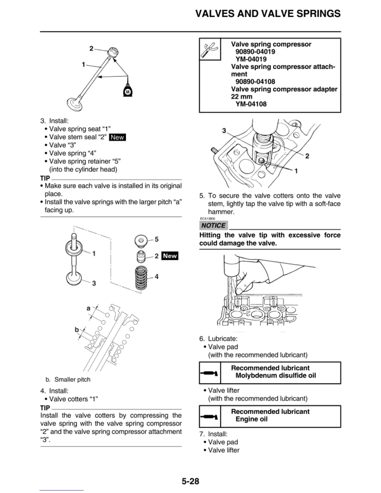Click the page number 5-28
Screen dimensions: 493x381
pyautogui.click(x=190, y=481)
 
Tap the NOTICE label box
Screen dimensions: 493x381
pyautogui.click(x=213, y=225)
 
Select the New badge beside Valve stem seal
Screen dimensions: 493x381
pyautogui.click(x=117, y=137)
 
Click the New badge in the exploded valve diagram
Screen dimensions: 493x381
pyautogui.click(x=170, y=256)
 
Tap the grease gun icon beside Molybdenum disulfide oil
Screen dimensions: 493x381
pyautogui.click(x=209, y=373)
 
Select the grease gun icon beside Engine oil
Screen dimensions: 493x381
pyautogui.click(x=209, y=416)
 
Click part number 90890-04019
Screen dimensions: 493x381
pyautogui.click(x=255, y=52)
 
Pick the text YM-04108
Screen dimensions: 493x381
pyautogui.click(x=251, y=104)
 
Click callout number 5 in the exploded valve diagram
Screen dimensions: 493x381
pyautogui.click(x=157, y=239)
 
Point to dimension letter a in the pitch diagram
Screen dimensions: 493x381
pyautogui.click(x=88, y=308)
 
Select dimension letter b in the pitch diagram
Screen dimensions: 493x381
pyautogui.click(x=77, y=329)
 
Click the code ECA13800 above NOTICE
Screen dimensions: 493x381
pyautogui.click(x=208, y=218)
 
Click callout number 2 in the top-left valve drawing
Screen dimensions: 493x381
pyautogui.click(x=91, y=48)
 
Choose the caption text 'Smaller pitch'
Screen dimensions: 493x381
pyautogui.click(x=72, y=379)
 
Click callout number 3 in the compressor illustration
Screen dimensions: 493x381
pyautogui.click(x=224, y=131)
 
